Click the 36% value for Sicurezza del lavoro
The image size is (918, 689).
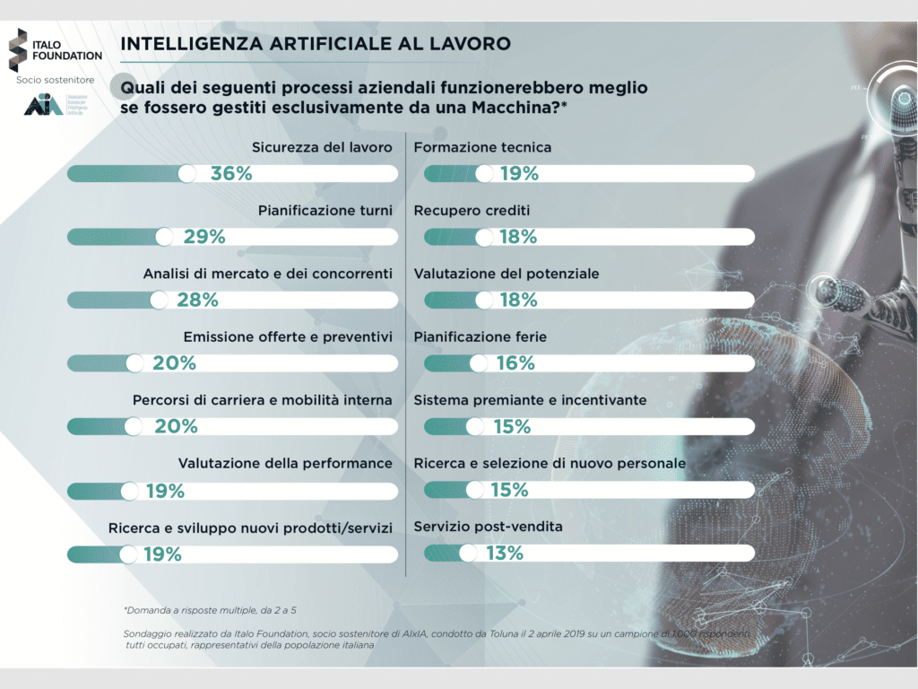[231, 174]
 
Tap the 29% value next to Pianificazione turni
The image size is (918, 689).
[204, 237]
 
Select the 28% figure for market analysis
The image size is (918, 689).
[198, 300]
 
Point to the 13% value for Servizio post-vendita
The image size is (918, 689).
[504, 554]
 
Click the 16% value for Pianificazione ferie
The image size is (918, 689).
[515, 363]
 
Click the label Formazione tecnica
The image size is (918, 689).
[482, 147]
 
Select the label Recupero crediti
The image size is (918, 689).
[472, 211]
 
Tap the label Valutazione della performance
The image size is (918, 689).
[285, 463]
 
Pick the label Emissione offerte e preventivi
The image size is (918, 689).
[288, 337]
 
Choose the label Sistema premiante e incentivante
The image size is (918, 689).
[530, 400]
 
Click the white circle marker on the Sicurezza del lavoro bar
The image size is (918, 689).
[187, 174]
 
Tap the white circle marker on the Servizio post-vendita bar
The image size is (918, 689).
[468, 554]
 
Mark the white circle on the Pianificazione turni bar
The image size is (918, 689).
[164, 237]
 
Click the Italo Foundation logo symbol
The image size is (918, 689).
[17, 48]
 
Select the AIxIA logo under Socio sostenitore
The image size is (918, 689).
[43, 105]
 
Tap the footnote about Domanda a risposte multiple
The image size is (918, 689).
[211, 610]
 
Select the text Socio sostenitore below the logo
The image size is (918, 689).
[55, 80]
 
